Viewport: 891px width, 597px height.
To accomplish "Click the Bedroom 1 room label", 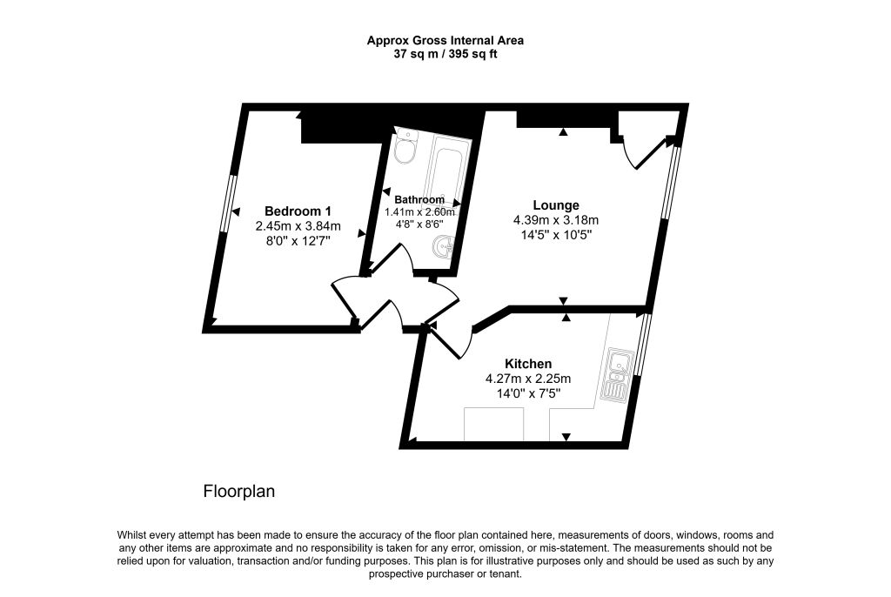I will point(298,211).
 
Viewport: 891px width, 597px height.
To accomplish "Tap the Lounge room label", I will point(556,205).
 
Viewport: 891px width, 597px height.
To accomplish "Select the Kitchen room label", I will point(528,364).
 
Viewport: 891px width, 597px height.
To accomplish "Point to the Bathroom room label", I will point(419,198).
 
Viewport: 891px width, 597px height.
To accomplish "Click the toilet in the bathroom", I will point(405,150).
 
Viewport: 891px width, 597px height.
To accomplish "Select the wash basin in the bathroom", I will point(445,246).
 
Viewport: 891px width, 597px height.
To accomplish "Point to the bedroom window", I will point(227,205).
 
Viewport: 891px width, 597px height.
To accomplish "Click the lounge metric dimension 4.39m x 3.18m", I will point(556,220).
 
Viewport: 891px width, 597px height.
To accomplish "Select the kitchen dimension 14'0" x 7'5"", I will point(527,393).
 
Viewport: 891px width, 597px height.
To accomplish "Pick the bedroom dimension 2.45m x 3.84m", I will point(298,226).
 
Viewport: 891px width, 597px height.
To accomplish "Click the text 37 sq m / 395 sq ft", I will point(445,54).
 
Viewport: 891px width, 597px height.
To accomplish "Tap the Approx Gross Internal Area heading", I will point(445,40).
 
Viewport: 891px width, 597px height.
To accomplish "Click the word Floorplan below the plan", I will point(239,492).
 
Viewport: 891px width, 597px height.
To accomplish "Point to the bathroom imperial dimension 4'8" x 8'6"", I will point(419,223).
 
